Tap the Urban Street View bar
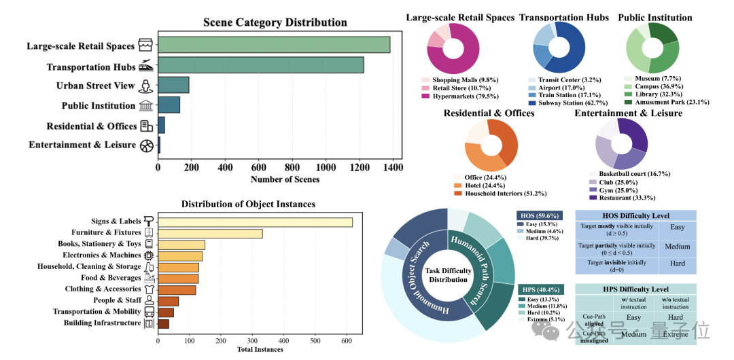click(x=173, y=85)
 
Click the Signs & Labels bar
click(x=255, y=222)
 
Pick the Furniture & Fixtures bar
click(x=210, y=234)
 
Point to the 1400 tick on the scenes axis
click(x=392, y=167)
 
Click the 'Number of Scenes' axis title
click(x=285, y=179)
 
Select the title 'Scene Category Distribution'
click(x=275, y=23)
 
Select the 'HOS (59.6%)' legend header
click(x=538, y=215)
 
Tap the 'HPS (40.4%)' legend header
click(x=539, y=289)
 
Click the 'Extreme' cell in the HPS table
click(x=676, y=334)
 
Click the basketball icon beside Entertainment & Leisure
click(x=147, y=145)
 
